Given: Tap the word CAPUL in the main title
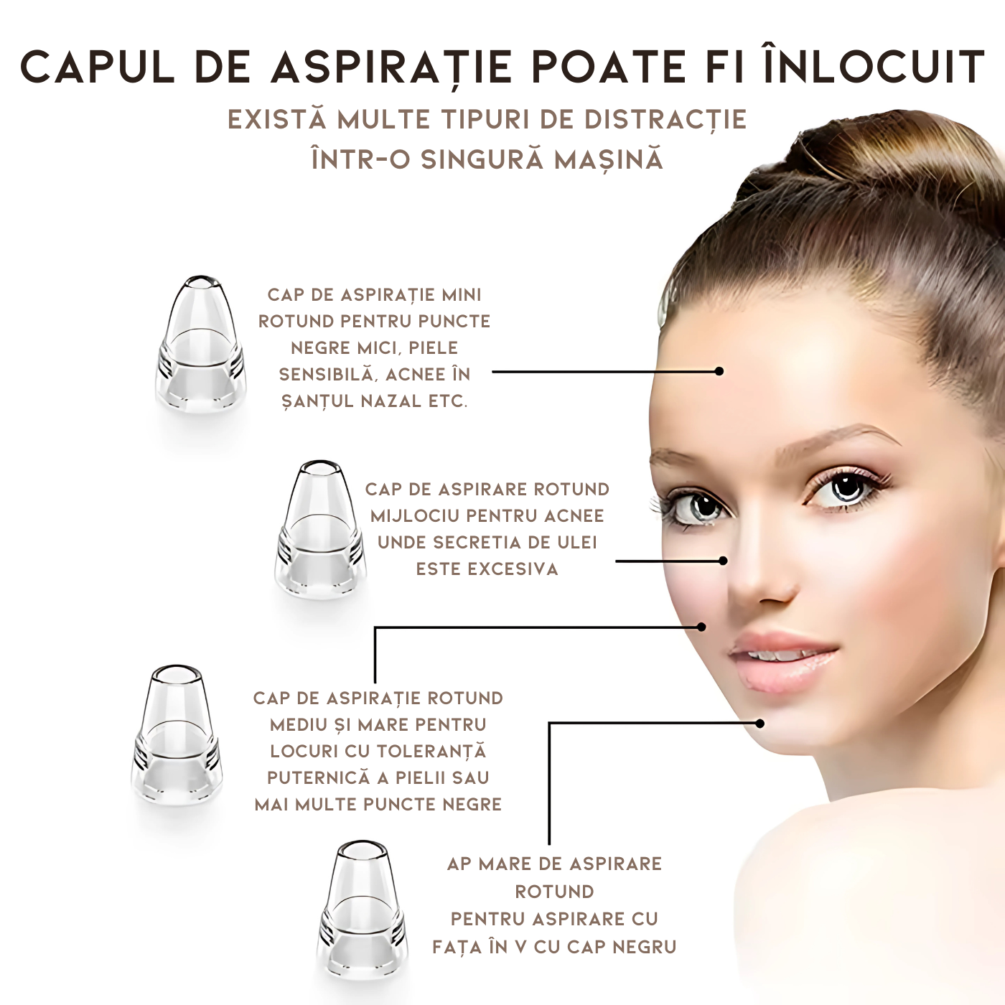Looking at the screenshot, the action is (x=97, y=67).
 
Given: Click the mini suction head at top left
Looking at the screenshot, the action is (x=201, y=345).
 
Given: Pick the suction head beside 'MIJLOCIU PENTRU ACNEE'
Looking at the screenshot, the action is (x=319, y=528).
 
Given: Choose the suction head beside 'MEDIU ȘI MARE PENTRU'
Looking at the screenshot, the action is (x=177, y=733).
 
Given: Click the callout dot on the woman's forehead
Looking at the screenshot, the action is (x=719, y=371).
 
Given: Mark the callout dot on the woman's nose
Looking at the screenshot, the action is (x=723, y=561).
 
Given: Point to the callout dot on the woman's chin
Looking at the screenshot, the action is (x=760, y=724).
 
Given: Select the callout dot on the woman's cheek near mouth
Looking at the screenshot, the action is (x=701, y=627).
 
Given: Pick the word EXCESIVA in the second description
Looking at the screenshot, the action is (x=487, y=569).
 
